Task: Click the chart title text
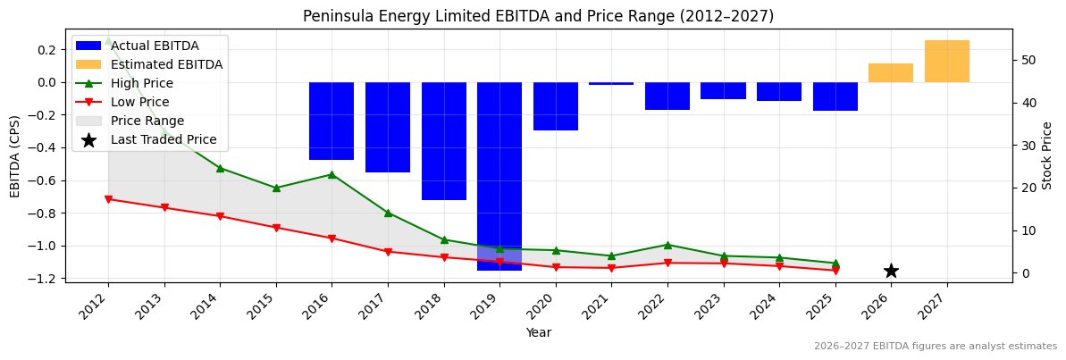pos(538,16)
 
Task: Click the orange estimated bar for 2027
pos(946,62)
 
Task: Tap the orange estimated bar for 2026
pos(891,73)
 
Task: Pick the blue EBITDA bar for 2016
pos(332,121)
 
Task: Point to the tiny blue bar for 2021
pos(611,83)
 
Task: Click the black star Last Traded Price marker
pos(891,271)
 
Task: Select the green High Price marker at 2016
pos(332,174)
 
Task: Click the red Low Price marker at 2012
pos(108,199)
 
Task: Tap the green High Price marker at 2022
pos(667,245)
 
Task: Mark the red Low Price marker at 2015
pos(276,228)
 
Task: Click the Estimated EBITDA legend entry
pos(166,64)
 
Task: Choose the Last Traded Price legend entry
pos(164,139)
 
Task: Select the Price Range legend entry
pos(147,121)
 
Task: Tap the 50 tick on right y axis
pos(1028,60)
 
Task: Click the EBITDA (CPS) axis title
pos(15,155)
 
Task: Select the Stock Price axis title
pos(1047,155)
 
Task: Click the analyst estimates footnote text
pos(935,347)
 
